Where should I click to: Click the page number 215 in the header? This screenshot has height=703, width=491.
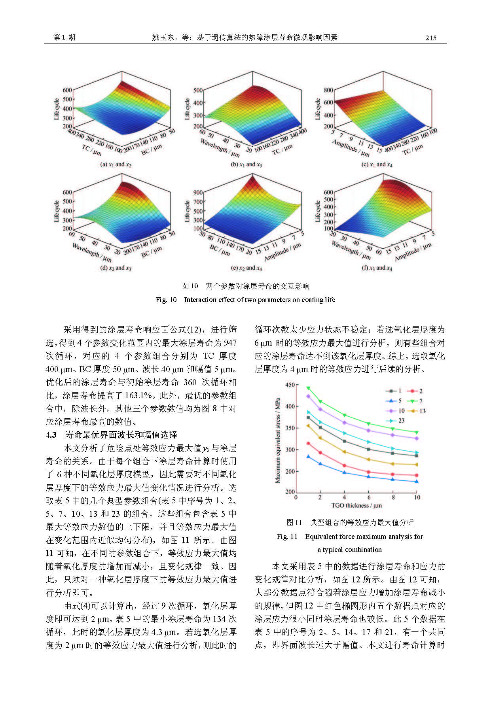pyautogui.click(x=430, y=38)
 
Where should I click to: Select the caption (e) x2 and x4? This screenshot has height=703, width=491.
pyautogui.click(x=246, y=268)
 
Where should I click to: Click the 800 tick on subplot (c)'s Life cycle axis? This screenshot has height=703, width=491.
pyautogui.click(x=328, y=90)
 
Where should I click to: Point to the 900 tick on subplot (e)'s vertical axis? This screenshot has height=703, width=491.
pyautogui.click(x=198, y=193)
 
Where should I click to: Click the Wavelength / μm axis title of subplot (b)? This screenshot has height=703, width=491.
pyautogui.click(x=220, y=147)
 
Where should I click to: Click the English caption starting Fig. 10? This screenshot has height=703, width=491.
pyautogui.click(x=245, y=300)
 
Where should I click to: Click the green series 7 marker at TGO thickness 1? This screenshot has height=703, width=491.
pyautogui.click(x=308, y=388)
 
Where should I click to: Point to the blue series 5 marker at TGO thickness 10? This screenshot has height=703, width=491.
pyautogui.click(x=416, y=482)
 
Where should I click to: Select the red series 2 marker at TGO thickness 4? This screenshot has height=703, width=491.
pyautogui.click(x=344, y=466)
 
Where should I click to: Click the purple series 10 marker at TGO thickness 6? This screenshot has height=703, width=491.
pyautogui.click(x=369, y=430)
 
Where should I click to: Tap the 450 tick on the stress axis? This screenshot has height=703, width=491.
pyautogui.click(x=290, y=385)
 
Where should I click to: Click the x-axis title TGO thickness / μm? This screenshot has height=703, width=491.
pyautogui.click(x=356, y=505)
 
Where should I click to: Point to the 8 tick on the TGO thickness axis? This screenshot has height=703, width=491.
pyautogui.click(x=393, y=497)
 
